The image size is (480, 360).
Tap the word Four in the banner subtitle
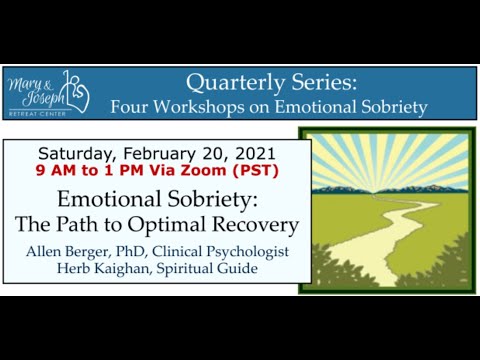coord(130,106)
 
